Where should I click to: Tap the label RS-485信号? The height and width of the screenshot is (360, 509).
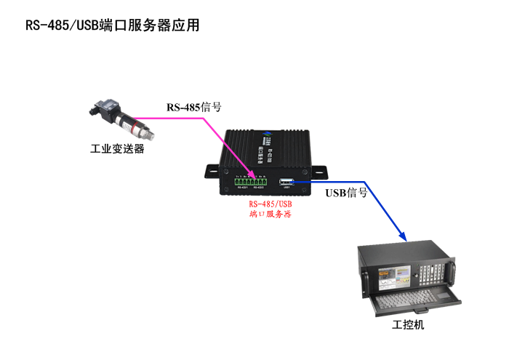pyautogui.click(x=194, y=107)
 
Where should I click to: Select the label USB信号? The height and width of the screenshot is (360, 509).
pyautogui.click(x=346, y=193)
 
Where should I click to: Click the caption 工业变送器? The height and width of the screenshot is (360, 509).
pyautogui.click(x=117, y=149)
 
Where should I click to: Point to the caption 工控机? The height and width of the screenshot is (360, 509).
pyautogui.click(x=408, y=324)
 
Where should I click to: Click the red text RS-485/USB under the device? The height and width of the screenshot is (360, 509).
pyautogui.click(x=270, y=204)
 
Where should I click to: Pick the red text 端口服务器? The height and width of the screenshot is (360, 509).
pyautogui.click(x=270, y=215)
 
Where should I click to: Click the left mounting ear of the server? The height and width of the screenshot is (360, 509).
pyautogui.click(x=212, y=169)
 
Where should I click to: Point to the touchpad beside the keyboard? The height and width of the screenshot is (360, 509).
pyautogui.click(x=444, y=296)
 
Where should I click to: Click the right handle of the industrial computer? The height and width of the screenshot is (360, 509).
pyautogui.click(x=452, y=271)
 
